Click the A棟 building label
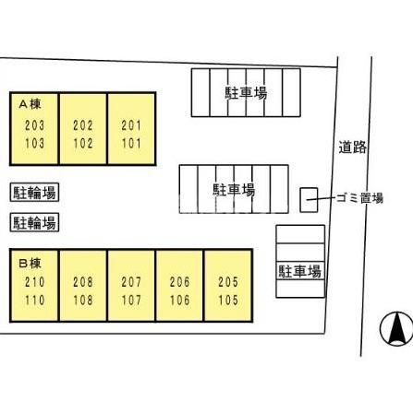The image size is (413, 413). click(x=30, y=104)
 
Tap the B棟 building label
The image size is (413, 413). click(x=30, y=264)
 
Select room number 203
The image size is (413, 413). click(x=34, y=125)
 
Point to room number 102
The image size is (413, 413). click(x=83, y=144)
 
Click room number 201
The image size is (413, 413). click(x=131, y=125)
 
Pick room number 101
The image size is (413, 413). click(x=131, y=144)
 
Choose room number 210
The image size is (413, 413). click(x=35, y=282)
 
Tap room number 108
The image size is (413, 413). click(x=83, y=301)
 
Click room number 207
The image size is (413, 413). click(x=131, y=282)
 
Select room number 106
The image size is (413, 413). click(x=180, y=301)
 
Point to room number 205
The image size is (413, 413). click(x=228, y=282)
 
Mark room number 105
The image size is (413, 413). click(x=228, y=301)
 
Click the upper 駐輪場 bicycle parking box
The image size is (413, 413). click(x=34, y=193)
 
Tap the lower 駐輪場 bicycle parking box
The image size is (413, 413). click(x=34, y=222)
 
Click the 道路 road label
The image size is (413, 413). click(x=353, y=147)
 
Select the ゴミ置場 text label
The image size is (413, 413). click(x=359, y=198)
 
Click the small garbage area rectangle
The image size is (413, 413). click(x=309, y=200)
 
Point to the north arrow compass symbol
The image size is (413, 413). click(x=396, y=329)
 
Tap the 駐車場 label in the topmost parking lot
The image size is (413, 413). click(x=246, y=93)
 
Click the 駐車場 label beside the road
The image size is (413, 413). click(x=299, y=271)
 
